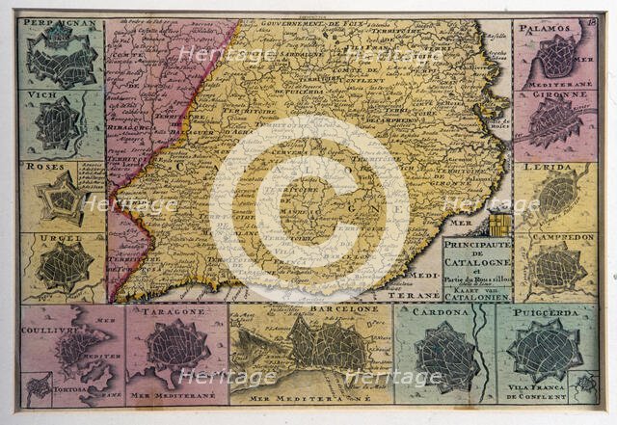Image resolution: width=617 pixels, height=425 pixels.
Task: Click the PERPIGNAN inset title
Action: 60,21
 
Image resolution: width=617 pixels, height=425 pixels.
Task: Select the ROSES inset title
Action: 43,165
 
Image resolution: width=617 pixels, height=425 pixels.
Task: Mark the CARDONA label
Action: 441,312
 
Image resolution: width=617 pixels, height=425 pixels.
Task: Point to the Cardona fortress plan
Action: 446,355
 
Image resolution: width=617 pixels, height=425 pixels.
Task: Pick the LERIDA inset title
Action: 547,167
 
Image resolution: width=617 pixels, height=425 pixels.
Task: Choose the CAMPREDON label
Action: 555,237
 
